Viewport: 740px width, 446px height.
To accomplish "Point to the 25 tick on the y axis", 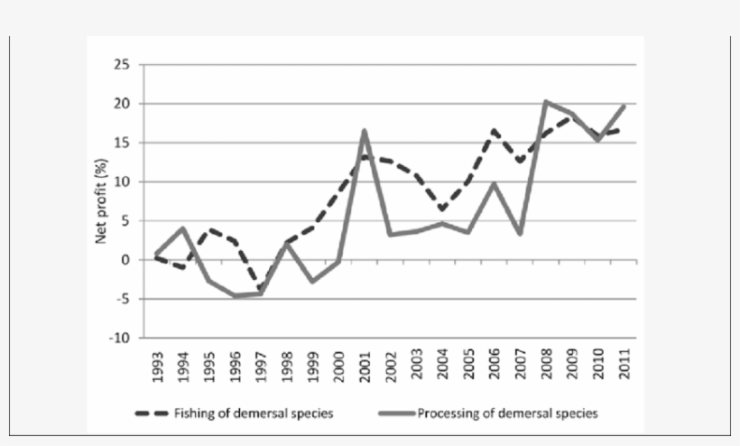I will pos(121,65).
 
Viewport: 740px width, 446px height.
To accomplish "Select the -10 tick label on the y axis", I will pos(119,338).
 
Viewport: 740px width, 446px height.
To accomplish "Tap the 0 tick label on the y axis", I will pos(125,260).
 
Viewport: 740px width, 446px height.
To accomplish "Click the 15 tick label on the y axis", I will pos(121,143).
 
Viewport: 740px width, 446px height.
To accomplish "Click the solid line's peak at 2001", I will pos(365,131).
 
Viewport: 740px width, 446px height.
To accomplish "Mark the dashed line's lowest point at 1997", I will pos(261,290).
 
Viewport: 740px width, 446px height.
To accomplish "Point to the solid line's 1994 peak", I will pos(183,228).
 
